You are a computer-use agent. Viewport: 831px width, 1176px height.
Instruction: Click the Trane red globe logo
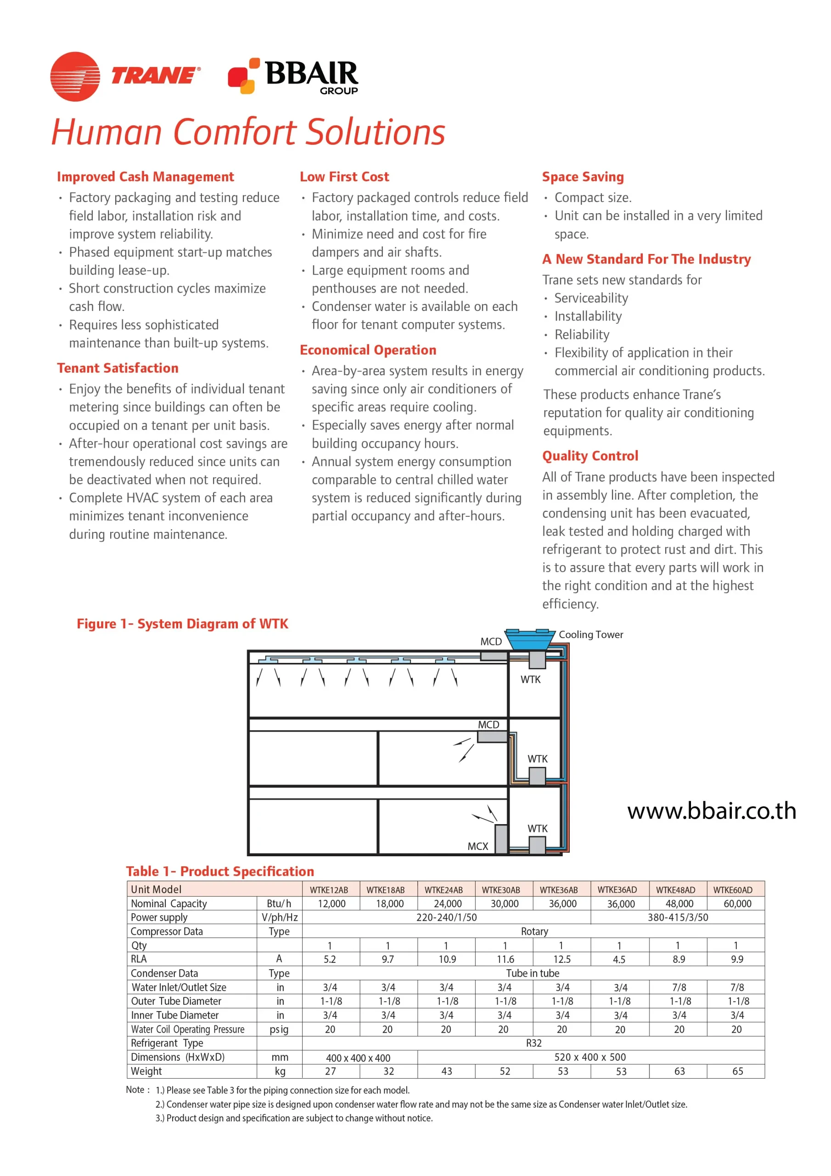coord(75,76)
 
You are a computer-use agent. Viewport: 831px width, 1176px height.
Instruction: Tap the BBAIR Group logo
coord(293,76)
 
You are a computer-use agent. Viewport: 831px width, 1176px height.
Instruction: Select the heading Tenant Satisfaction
coord(118,368)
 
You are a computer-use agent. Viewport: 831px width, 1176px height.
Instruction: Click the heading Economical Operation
coord(368,350)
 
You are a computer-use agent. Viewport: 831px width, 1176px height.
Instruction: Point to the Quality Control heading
coord(590,456)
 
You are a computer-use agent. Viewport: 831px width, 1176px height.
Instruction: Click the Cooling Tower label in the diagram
coord(590,634)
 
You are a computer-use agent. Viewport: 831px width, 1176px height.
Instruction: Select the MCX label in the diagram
coord(477,847)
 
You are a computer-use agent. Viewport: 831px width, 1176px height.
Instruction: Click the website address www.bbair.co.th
coord(711,811)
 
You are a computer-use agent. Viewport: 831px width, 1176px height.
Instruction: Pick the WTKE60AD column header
coord(733,890)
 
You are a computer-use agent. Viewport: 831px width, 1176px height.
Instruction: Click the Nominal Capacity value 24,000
coord(448,904)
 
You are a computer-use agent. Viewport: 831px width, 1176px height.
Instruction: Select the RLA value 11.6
coord(505,959)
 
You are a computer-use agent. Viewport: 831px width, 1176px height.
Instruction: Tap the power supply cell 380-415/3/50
coord(677,917)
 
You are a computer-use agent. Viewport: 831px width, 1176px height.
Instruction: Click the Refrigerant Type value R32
coord(533,1043)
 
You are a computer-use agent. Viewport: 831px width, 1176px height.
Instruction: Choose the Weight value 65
coord(737,1072)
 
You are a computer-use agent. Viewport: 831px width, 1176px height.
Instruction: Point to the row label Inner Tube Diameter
coord(174,1015)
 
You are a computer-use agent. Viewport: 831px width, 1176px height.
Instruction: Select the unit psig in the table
coord(279,1029)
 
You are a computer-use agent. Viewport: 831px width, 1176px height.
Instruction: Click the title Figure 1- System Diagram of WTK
coord(182,624)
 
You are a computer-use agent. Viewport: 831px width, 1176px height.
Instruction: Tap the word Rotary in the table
coord(534,932)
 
